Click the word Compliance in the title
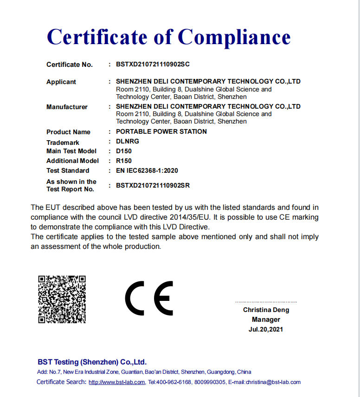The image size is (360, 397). pos(234,37)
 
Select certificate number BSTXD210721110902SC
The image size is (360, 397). pos(153,65)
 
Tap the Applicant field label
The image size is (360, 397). pos(61,82)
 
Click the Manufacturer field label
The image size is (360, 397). pos(67,107)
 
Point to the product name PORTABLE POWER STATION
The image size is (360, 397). pos(161,131)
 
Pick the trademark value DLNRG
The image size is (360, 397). pos(127,142)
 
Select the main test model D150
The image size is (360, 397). pos(123,151)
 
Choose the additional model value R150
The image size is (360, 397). pos(123,161)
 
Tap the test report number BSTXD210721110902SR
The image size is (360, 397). pos(153,185)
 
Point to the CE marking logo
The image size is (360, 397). pos(148,298)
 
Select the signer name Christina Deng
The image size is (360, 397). pos(266,310)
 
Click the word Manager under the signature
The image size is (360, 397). pos(266,319)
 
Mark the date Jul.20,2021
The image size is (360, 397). pos(266,329)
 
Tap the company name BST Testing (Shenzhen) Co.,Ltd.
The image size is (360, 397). pos(92,362)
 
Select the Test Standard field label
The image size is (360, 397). pos(68,170)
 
